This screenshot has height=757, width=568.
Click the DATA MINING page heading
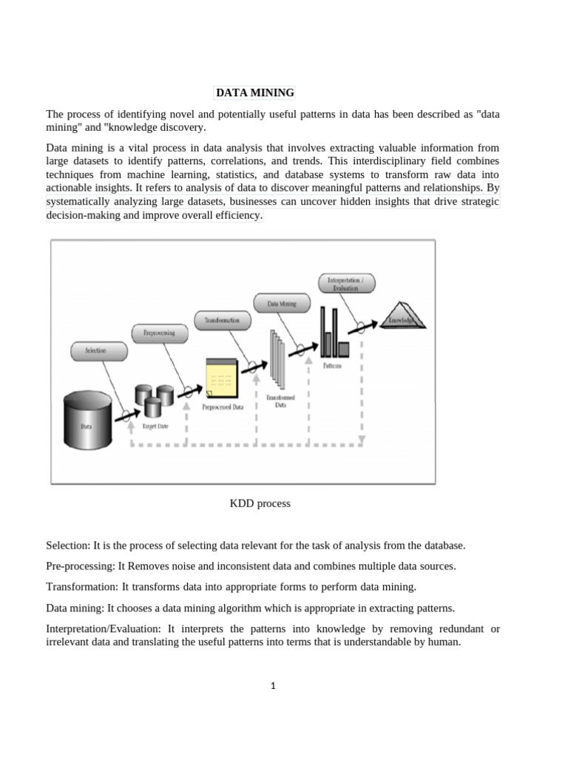pos(254,93)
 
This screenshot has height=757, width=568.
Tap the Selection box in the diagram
pos(95,350)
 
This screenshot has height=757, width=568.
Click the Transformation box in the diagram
pos(222,320)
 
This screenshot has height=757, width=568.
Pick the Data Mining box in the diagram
pos(282,302)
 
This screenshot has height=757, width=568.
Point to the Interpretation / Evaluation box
pos(347,283)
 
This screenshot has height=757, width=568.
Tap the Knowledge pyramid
pos(401,316)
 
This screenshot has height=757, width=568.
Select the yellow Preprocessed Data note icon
pos(222,377)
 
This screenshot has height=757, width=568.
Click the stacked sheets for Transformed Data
pos(277,359)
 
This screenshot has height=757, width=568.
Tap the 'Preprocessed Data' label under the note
pos(223,407)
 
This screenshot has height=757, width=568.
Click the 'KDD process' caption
pos(260,503)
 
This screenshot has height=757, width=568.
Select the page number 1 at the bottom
pos(273,685)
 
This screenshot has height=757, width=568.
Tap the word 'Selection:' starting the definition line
pos(68,546)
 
